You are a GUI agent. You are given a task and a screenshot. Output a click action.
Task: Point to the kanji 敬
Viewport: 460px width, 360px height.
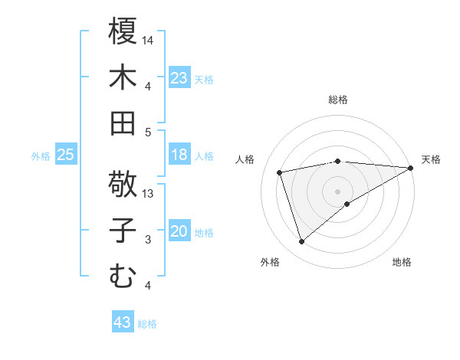[x=123, y=184]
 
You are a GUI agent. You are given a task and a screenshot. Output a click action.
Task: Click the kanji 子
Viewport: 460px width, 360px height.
[x=123, y=231]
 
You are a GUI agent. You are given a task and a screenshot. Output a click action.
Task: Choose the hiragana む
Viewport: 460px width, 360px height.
[x=123, y=276]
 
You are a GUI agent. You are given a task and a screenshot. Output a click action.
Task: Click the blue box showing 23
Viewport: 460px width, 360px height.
[x=179, y=78]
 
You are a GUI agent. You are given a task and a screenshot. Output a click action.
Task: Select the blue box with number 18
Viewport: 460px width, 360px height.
[x=179, y=155]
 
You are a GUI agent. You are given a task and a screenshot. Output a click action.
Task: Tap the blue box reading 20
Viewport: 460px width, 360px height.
[x=179, y=231]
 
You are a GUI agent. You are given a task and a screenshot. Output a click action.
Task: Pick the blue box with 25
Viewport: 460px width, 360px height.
[x=66, y=155]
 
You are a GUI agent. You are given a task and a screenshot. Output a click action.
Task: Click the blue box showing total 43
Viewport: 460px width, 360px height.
[x=123, y=322]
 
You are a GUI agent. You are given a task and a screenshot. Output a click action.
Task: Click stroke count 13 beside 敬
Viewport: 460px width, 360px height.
[x=149, y=194]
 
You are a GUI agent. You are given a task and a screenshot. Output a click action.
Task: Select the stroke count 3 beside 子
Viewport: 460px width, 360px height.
[x=149, y=240]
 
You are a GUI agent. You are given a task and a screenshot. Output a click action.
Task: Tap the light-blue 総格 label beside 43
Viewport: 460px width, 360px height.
[x=148, y=324]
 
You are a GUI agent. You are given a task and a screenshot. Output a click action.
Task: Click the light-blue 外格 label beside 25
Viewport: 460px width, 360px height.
[x=41, y=156]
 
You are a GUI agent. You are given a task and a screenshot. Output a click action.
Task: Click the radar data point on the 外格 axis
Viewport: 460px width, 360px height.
[x=301, y=242]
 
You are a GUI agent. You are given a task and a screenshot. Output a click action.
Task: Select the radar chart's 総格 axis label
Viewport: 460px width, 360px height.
[x=338, y=100]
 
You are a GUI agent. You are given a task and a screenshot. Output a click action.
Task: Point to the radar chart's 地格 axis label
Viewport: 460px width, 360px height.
[x=402, y=263]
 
